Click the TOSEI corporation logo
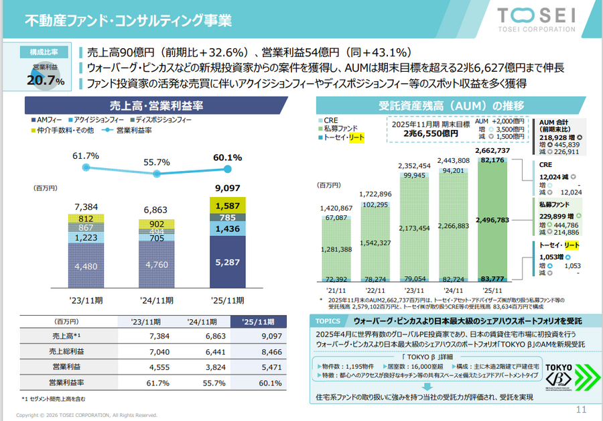(535, 19)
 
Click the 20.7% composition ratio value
(46, 80)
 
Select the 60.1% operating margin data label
(228, 158)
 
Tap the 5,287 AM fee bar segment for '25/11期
(228, 263)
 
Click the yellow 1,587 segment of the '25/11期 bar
(228, 205)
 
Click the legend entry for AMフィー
(50, 119)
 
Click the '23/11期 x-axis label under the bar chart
(85, 300)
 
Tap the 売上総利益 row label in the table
(66, 351)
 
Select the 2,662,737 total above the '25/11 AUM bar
(495, 150)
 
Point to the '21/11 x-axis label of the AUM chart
(337, 290)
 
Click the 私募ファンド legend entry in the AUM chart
(340, 127)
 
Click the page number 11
(581, 410)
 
